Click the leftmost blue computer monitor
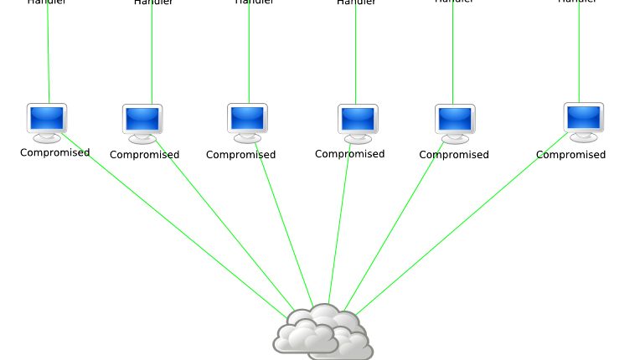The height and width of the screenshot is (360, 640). click(x=47, y=120)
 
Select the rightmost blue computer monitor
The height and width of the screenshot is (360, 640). click(x=584, y=119)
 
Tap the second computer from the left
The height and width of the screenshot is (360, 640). click(x=142, y=121)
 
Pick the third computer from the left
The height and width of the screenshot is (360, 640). click(x=247, y=120)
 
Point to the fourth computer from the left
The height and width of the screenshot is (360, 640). click(x=358, y=121)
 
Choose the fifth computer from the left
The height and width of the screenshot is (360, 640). click(x=455, y=121)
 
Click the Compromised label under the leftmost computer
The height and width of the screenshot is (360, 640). click(x=54, y=152)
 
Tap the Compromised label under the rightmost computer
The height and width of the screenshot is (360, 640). click(x=570, y=155)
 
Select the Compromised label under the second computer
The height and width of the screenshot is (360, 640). click(x=144, y=155)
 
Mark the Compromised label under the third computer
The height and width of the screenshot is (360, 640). click(x=240, y=155)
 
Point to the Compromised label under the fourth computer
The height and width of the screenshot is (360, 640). click(x=349, y=154)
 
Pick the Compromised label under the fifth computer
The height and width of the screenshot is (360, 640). click(x=453, y=155)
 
